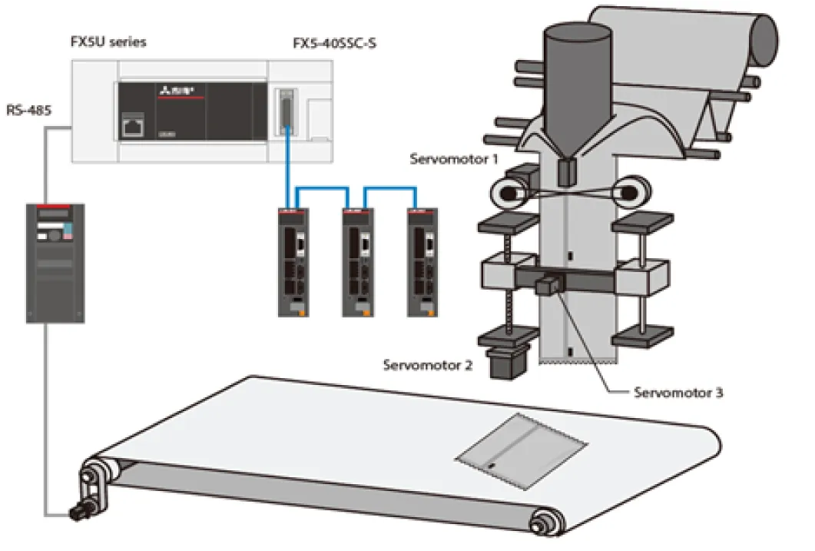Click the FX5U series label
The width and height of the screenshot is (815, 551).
point(108,41)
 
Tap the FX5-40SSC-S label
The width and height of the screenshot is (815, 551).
point(334,43)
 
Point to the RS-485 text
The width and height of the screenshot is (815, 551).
point(29,110)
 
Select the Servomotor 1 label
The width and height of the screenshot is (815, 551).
point(454,159)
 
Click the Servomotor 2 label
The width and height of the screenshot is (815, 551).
point(428,365)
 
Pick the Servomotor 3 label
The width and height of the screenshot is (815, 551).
point(678,393)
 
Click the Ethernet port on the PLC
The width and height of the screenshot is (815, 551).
point(133,126)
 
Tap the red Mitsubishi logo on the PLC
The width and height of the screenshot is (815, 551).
point(177,91)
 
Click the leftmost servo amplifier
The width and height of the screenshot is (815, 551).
point(293,263)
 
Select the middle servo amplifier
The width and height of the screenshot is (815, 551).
point(358,263)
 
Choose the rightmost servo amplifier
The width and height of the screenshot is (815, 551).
point(422,263)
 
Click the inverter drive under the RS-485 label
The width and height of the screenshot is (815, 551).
point(55,263)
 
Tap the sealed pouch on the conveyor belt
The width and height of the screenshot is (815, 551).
point(522,451)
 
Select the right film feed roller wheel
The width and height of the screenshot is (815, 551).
point(631,192)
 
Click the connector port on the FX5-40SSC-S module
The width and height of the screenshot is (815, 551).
point(285,112)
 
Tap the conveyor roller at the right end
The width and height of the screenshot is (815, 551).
point(546,520)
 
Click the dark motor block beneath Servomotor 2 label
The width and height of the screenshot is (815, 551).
point(508,362)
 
